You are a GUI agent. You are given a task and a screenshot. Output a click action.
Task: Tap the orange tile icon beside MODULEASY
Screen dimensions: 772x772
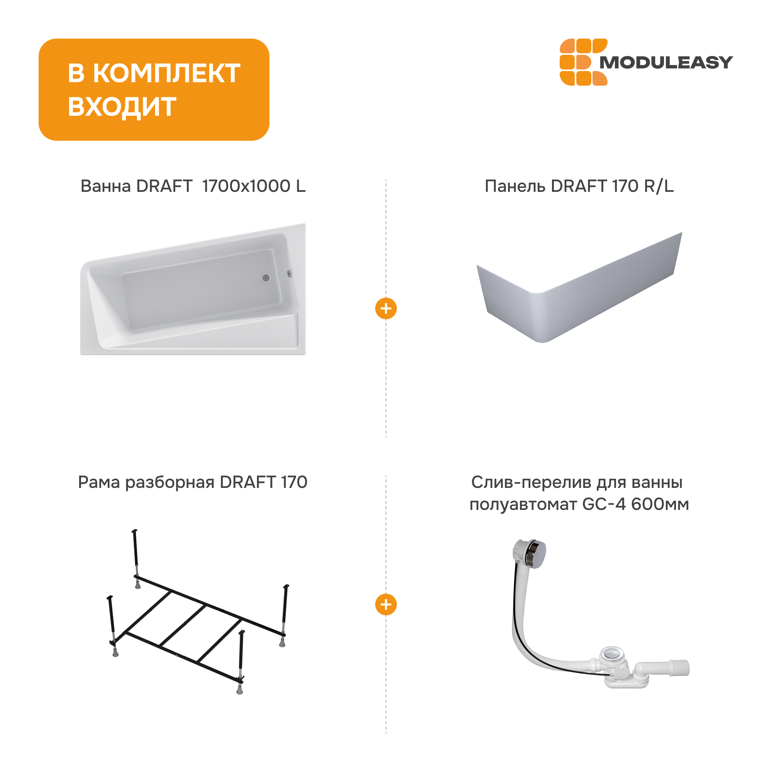pyautogui.click(x=583, y=62)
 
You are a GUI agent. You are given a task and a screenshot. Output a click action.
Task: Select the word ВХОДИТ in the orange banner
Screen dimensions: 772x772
pyautogui.click(x=122, y=107)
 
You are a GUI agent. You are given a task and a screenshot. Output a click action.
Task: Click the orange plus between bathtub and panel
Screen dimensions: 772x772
pyautogui.click(x=386, y=308)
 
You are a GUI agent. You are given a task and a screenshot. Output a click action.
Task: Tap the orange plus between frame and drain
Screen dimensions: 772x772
pyautogui.click(x=386, y=604)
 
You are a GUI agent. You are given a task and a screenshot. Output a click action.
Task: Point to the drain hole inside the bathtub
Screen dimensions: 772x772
pyautogui.click(x=266, y=278)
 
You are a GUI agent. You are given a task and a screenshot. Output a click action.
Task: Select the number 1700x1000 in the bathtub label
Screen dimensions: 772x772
pyautogui.click(x=246, y=186)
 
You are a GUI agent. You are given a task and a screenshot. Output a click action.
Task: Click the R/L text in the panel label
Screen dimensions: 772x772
pyautogui.click(x=659, y=186)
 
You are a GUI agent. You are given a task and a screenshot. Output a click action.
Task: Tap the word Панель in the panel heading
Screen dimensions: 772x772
pyautogui.click(x=515, y=186)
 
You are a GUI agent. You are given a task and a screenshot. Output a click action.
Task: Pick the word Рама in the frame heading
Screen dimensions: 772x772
pyautogui.click(x=99, y=482)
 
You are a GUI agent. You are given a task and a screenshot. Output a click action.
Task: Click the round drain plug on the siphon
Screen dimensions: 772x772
pyautogui.click(x=611, y=654)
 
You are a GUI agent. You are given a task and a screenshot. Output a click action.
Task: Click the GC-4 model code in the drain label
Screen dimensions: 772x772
pyautogui.click(x=604, y=504)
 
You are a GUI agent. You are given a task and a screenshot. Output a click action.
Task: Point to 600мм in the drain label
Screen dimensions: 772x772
pyautogui.click(x=660, y=504)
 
